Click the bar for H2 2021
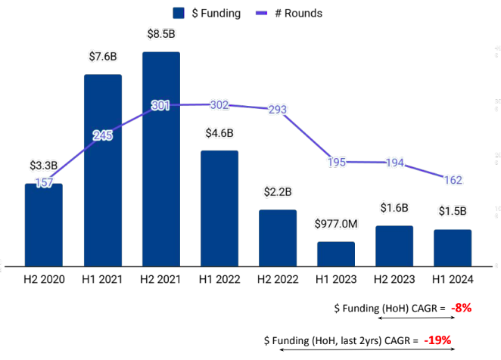point(160,159)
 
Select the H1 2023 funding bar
point(336,253)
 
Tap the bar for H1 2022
point(219,208)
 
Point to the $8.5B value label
point(160,35)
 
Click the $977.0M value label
point(336,224)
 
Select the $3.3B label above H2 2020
point(43,165)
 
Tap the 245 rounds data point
point(102,135)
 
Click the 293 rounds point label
point(278,110)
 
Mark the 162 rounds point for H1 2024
point(453,180)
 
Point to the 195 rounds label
point(336,162)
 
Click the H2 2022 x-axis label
point(278,279)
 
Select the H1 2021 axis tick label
point(102,279)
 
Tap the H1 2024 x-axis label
point(453,279)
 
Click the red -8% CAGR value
point(461,308)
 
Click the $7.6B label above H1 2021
point(102,57)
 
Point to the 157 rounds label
point(44,183)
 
